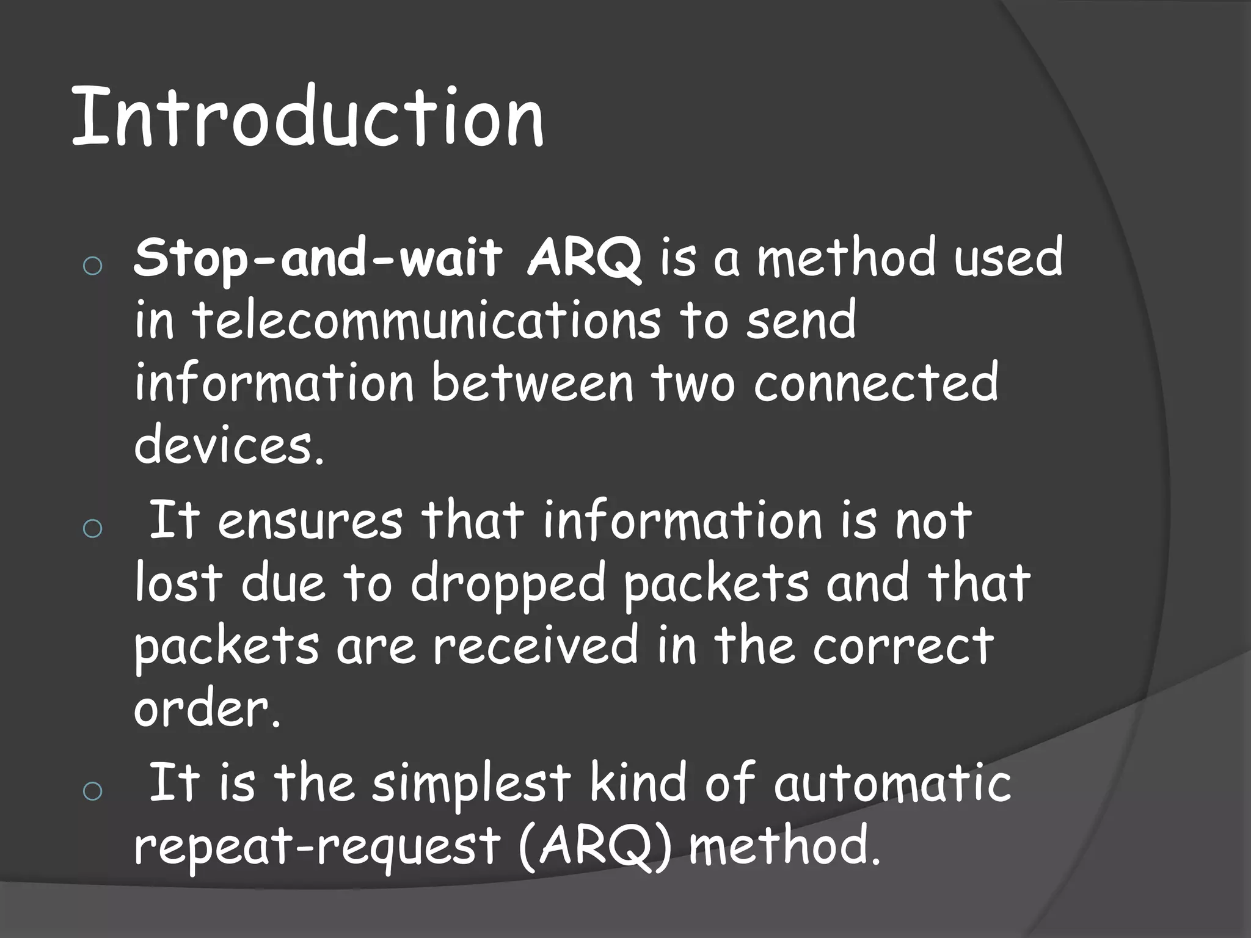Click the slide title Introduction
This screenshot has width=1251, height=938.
click(307, 117)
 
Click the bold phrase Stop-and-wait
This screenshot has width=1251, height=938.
click(318, 258)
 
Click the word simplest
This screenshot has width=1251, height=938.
click(471, 783)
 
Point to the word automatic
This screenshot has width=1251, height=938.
click(892, 783)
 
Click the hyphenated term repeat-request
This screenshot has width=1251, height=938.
click(317, 848)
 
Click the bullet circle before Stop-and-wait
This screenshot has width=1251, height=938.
click(92, 266)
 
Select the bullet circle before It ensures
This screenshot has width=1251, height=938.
click(92, 528)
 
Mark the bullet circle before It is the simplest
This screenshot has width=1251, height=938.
click(92, 791)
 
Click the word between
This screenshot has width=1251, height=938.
click(532, 382)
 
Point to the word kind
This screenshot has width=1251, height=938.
click(638, 782)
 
